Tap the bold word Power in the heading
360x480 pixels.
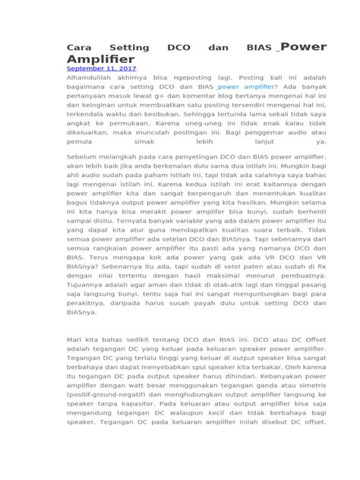point(305,46)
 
